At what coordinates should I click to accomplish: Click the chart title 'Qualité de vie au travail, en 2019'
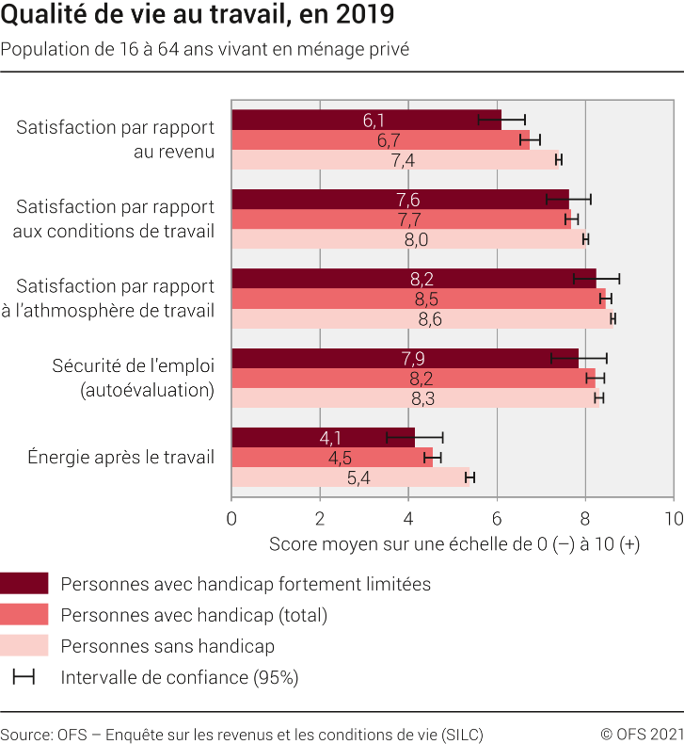click(x=198, y=16)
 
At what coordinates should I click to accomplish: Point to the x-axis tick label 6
click(x=497, y=518)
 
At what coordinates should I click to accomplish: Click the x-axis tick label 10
click(x=673, y=518)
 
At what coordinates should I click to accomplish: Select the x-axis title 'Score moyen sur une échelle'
click(x=453, y=544)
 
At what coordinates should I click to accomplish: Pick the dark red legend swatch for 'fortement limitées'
click(x=24, y=584)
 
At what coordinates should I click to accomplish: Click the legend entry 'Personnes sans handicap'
click(x=167, y=646)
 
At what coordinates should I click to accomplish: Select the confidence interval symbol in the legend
click(x=24, y=677)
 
